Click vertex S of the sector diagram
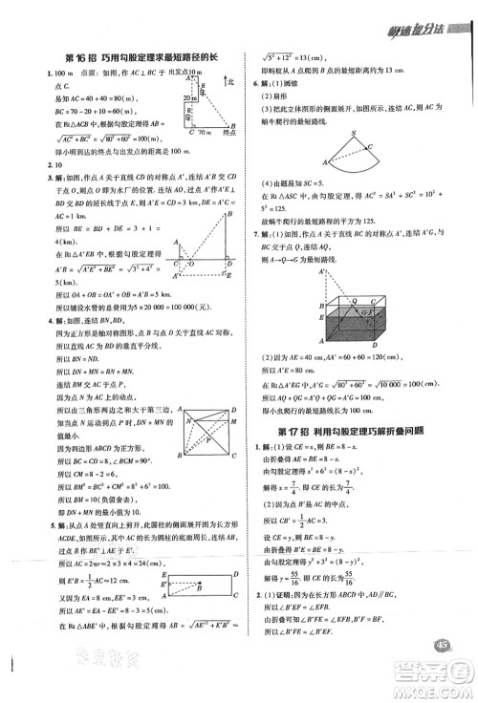click(x=354, y=135)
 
